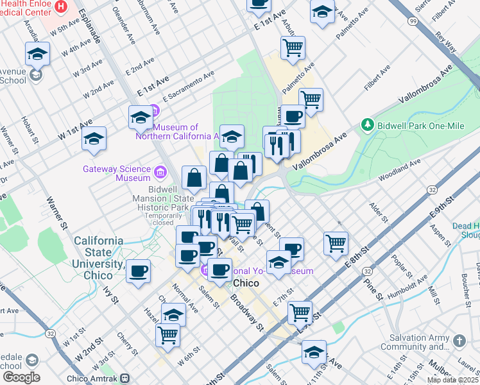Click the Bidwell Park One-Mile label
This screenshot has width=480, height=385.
(420, 126)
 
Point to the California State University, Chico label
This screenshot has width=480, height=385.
(98, 257)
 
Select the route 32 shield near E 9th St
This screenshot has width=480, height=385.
(433, 191)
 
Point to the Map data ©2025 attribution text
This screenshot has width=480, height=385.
(452, 380)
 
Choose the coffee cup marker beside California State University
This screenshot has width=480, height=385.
(138, 271)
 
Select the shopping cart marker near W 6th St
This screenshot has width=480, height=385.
(167, 334)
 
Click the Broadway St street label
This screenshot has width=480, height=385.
(247, 312)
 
